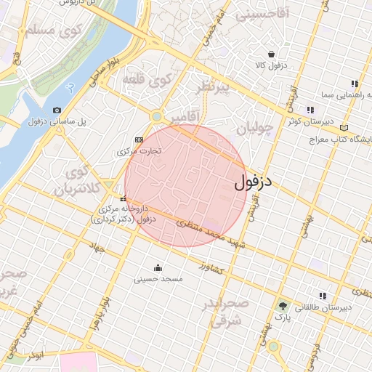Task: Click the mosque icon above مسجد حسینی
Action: click(158, 267)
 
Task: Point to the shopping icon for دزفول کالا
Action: click(271, 54)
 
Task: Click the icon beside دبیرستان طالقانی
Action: click(323, 296)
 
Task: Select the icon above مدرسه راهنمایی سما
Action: click(354, 84)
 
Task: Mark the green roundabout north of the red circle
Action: click(156, 116)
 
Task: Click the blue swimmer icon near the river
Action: click(70, 86)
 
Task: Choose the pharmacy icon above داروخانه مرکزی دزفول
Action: click(124, 198)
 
